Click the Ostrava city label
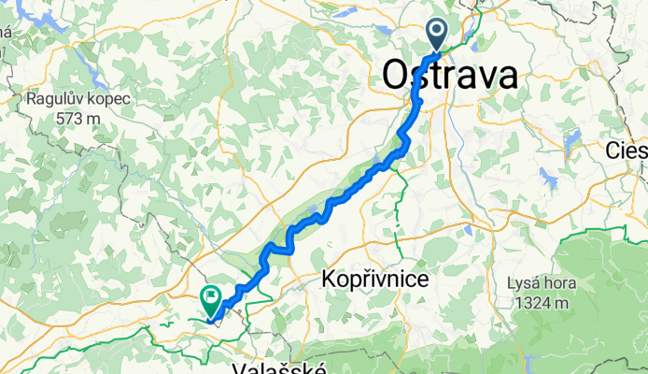(449, 76)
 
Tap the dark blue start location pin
(438, 36)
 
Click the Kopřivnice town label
(374, 279)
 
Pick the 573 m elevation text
(77, 118)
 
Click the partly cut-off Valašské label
(281, 367)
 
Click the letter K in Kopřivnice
(328, 279)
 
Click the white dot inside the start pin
(438, 31)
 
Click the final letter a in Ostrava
(506, 76)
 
